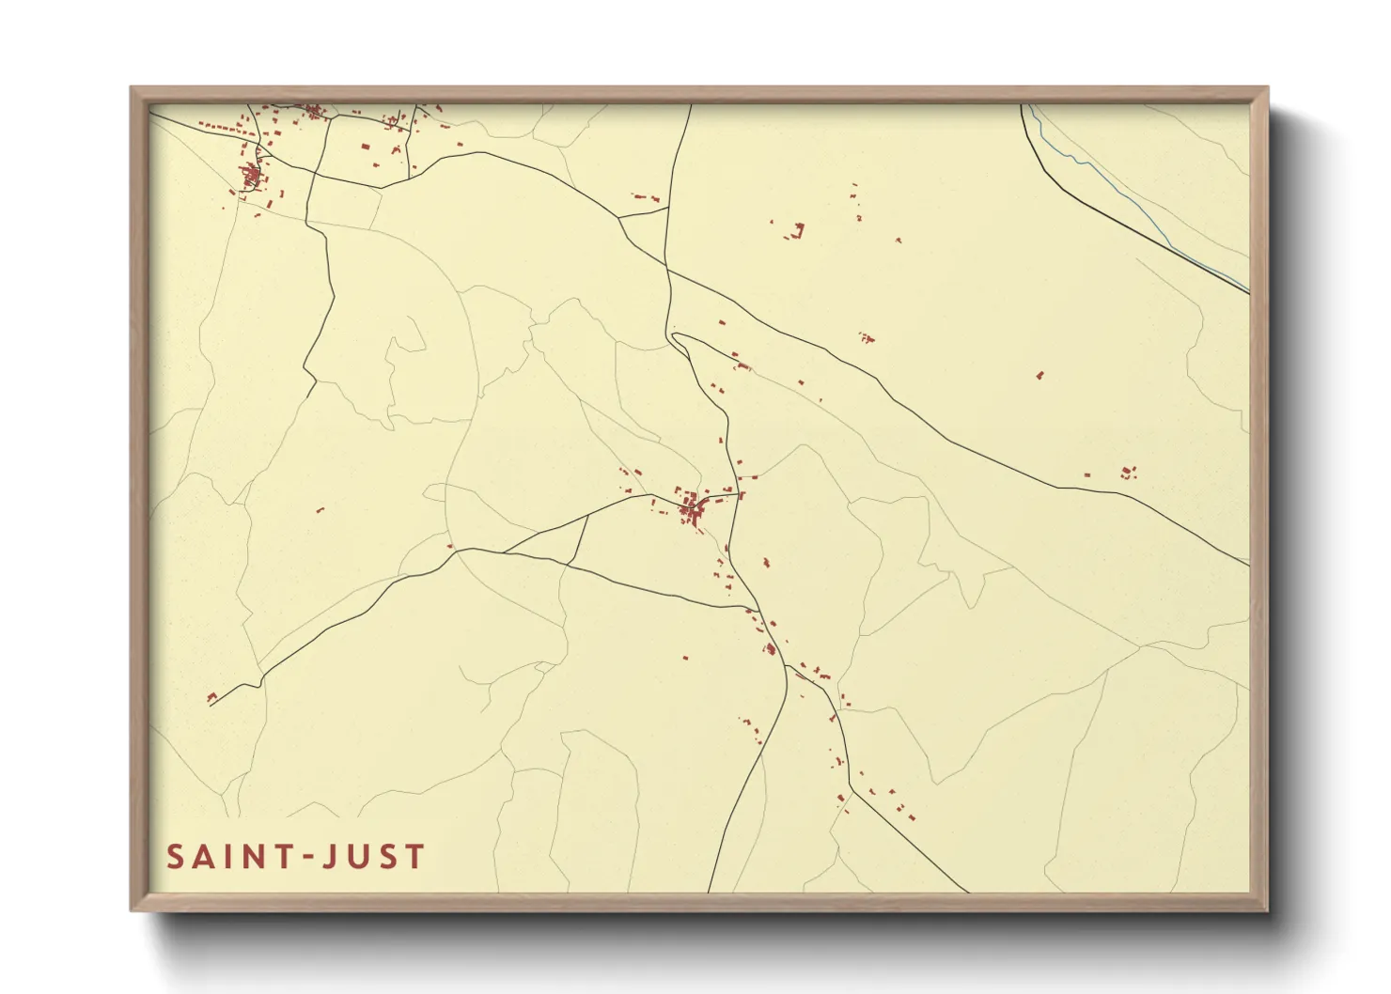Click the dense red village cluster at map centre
coord(693,510)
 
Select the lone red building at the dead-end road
coord(211,697)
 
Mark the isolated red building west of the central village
coord(320,510)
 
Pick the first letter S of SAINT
coord(176,857)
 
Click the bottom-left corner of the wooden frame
coord(133,909)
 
